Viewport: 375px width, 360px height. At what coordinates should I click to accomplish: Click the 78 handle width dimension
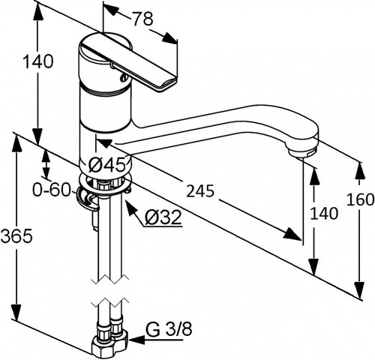point(142,19)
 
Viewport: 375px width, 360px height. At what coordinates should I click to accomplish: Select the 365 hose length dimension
point(16,235)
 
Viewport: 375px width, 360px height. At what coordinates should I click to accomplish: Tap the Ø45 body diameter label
point(106,165)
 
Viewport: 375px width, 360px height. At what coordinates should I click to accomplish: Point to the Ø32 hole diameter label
point(163,217)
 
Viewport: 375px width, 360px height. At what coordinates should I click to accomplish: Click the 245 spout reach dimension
point(200,191)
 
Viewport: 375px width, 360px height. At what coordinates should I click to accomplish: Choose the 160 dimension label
point(361,199)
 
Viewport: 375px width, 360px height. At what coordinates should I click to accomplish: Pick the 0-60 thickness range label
point(51,190)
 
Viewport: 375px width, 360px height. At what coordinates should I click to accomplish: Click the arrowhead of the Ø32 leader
point(132,208)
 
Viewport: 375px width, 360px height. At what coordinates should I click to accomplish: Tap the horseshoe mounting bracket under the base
point(87,199)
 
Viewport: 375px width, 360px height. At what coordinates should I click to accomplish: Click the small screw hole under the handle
point(124,78)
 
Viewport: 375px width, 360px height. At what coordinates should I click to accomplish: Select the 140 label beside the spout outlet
point(323,214)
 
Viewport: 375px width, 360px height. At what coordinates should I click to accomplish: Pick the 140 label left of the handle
point(38,61)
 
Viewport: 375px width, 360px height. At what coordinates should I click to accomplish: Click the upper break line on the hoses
point(110,280)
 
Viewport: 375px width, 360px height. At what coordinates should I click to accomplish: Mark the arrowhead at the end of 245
point(292,234)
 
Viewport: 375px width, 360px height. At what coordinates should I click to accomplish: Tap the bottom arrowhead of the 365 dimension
point(16,312)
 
